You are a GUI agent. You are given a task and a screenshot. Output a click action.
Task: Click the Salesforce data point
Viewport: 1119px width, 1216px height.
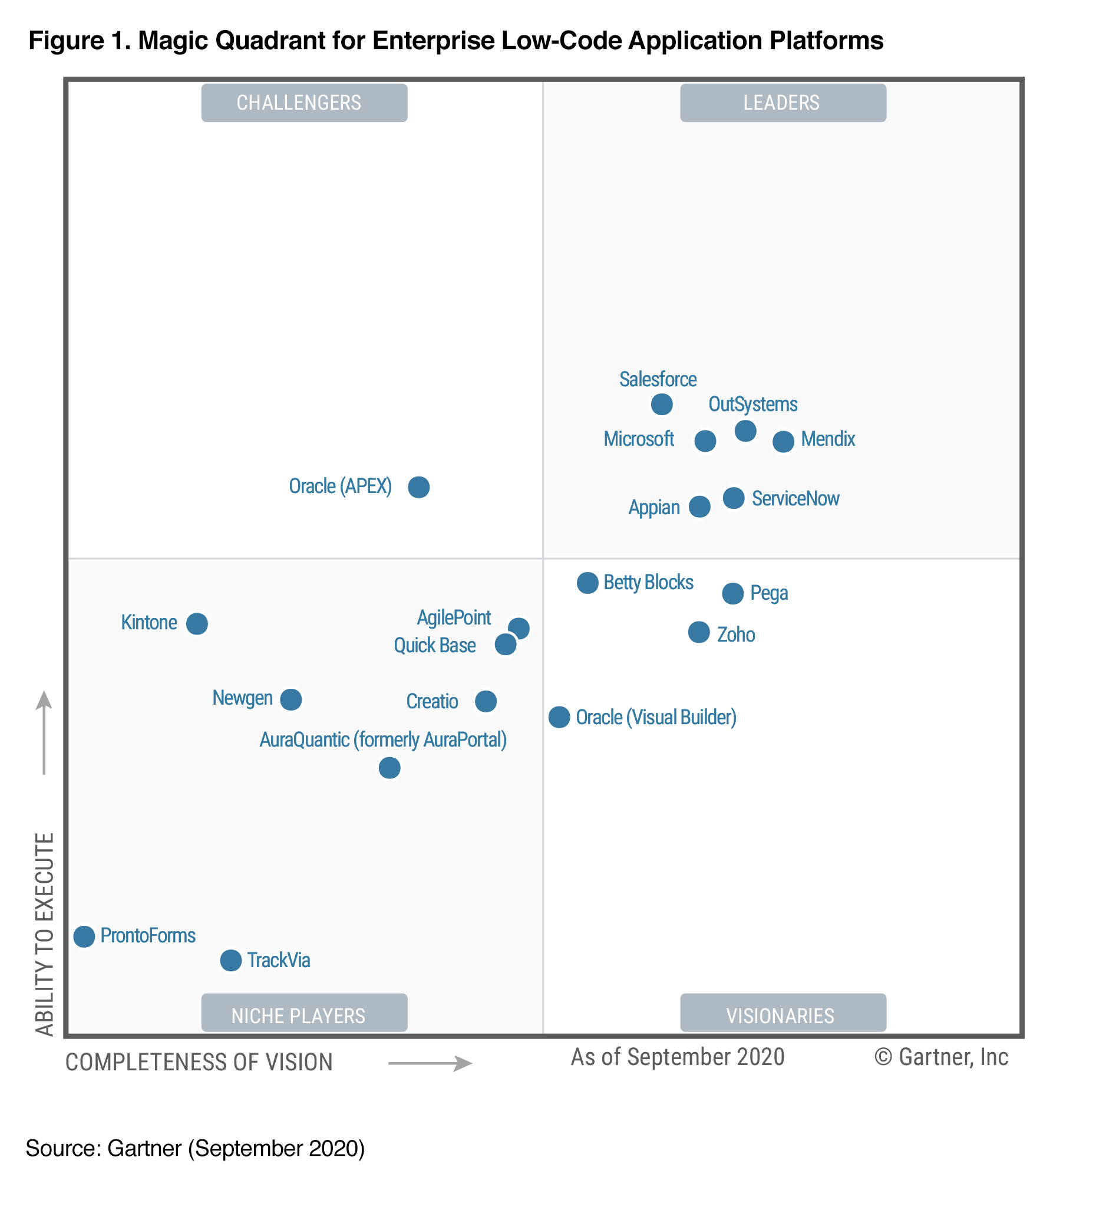click(661, 404)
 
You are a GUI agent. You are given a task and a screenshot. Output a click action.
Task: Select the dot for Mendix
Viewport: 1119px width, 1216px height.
click(783, 442)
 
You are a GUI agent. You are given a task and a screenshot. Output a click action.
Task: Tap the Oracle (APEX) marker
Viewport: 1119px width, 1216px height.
click(418, 487)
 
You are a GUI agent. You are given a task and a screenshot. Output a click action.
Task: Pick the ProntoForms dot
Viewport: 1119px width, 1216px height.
click(84, 936)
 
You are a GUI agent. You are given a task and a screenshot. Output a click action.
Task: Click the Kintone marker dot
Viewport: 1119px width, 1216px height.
click(197, 623)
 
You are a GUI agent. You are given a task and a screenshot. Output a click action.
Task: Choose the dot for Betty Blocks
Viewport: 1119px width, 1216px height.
click(587, 583)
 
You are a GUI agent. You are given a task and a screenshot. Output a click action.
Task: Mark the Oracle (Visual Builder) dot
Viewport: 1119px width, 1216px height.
click(559, 717)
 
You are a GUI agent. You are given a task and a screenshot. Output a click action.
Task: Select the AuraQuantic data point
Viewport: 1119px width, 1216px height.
click(389, 768)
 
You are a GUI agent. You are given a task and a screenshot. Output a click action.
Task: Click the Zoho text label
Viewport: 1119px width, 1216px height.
click(736, 635)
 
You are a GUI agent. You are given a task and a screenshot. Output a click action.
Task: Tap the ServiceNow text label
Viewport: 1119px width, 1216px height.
click(795, 499)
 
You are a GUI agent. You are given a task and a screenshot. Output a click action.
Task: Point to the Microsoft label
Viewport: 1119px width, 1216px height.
click(638, 439)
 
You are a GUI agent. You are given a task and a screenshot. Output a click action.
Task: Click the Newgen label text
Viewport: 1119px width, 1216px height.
click(242, 698)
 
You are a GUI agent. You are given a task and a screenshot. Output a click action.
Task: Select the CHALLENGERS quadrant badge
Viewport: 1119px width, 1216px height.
click(304, 103)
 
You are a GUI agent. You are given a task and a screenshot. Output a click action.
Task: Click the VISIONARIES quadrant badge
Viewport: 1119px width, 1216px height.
click(783, 1015)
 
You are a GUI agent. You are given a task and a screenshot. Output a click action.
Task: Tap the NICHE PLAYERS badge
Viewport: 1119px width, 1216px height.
click(304, 1015)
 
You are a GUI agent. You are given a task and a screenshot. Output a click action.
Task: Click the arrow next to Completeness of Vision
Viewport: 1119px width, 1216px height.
click(430, 1063)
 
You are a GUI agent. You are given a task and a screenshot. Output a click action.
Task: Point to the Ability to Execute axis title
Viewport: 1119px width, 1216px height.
click(45, 934)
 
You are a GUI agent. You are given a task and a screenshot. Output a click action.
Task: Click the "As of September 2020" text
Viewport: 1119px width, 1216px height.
click(677, 1057)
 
